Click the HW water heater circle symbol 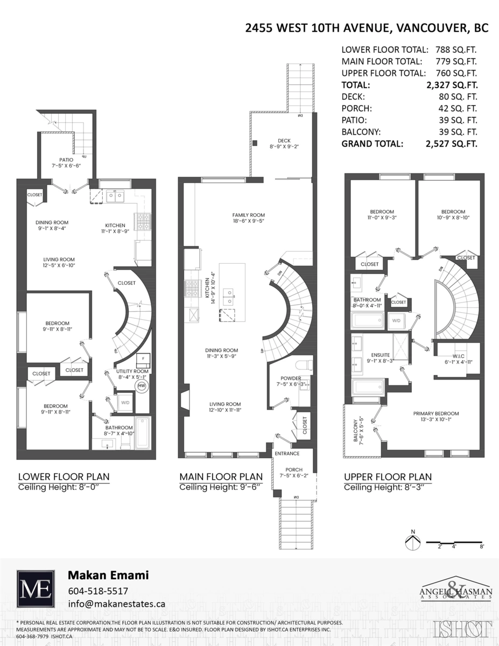(x=142, y=386)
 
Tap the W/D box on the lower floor (x=125, y=403)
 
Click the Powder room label (x=291, y=378)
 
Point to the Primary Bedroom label (x=436, y=414)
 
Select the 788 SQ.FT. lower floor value (x=456, y=49)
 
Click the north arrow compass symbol (x=413, y=542)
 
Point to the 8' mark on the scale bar (x=482, y=547)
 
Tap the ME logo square (x=36, y=589)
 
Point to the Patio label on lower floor (x=67, y=159)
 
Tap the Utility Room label (x=132, y=371)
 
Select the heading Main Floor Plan (x=221, y=476)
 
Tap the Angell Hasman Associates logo (x=455, y=593)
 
